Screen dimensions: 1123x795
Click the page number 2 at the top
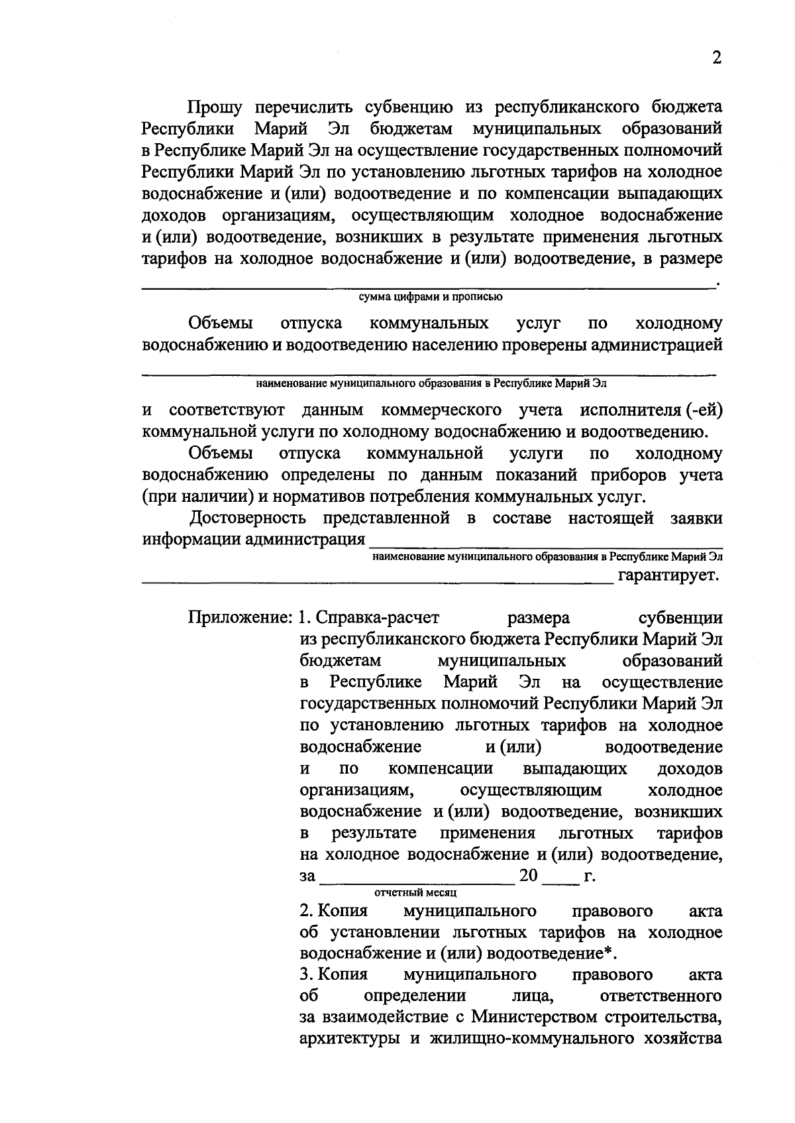(716, 58)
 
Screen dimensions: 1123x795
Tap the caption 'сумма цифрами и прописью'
(431, 297)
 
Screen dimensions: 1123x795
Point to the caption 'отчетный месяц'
(416, 892)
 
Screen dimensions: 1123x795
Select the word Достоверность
(247, 518)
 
